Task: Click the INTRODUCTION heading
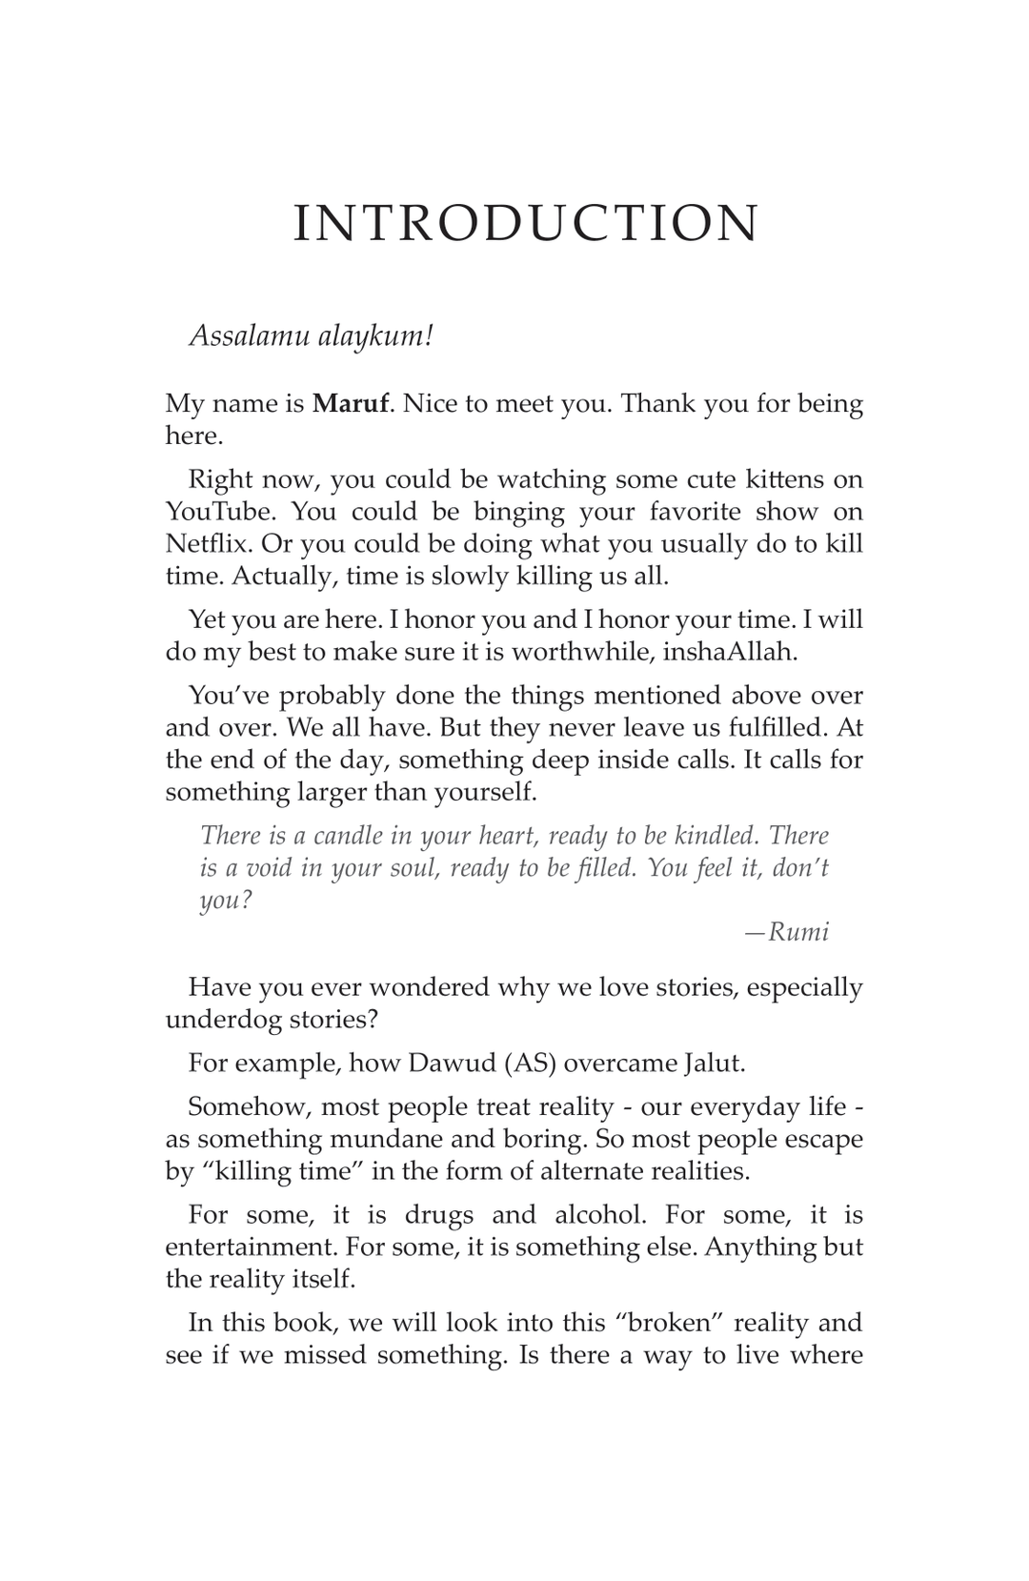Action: (525, 224)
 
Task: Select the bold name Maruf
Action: (350, 403)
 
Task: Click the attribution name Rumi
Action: (798, 931)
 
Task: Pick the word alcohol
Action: (597, 1215)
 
